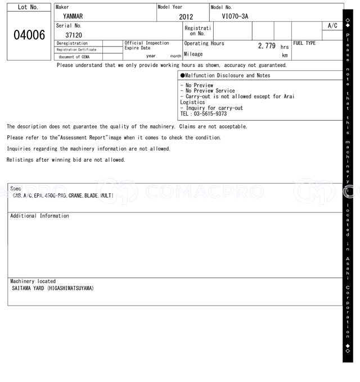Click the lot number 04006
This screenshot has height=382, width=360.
[x=29, y=35]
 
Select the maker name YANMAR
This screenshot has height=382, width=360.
[x=73, y=16]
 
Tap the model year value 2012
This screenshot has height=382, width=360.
[x=186, y=17]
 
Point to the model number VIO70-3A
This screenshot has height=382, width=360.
[x=235, y=16]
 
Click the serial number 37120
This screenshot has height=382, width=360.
[x=74, y=35]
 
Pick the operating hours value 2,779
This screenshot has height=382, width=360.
[x=267, y=46]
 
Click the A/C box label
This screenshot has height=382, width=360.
[x=332, y=26]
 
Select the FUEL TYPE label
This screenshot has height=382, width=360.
[x=304, y=43]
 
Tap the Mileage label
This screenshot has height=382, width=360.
[x=193, y=54]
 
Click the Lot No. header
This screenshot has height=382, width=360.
[x=28, y=7]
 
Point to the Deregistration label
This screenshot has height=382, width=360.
[x=73, y=43]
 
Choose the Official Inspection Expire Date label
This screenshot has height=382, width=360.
[x=146, y=46]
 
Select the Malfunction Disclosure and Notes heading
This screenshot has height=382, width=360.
[x=225, y=75]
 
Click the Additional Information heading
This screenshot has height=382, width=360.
[x=39, y=216]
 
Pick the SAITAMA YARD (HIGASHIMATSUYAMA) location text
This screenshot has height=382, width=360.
[x=53, y=288]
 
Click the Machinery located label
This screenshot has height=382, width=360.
[x=33, y=281]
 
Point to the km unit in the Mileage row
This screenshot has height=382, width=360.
[x=285, y=56]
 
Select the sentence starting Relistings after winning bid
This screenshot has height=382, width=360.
[x=66, y=160]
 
